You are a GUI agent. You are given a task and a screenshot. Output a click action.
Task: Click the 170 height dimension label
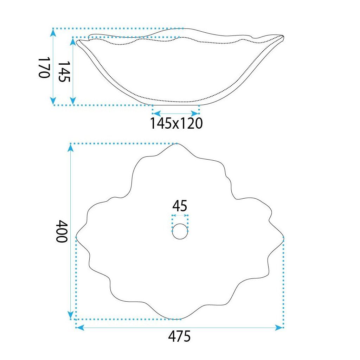tap(44, 67)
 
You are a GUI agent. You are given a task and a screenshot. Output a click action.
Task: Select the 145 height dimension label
tap(64, 71)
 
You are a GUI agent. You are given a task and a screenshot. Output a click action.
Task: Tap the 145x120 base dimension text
tap(176, 123)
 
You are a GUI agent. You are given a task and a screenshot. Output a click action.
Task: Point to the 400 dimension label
tap(62, 231)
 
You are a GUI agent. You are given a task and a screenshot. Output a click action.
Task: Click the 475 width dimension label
tap(179, 336)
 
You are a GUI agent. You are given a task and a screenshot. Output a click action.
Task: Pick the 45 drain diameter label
tap(180, 206)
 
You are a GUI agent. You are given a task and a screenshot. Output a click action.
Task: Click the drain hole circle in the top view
tap(180, 231)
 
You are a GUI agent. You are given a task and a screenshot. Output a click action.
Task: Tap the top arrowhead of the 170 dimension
tap(53, 33)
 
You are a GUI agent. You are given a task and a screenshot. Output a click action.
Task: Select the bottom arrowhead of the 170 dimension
tap(53, 101)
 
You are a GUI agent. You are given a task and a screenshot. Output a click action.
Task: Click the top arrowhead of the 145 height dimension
tap(73, 41)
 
